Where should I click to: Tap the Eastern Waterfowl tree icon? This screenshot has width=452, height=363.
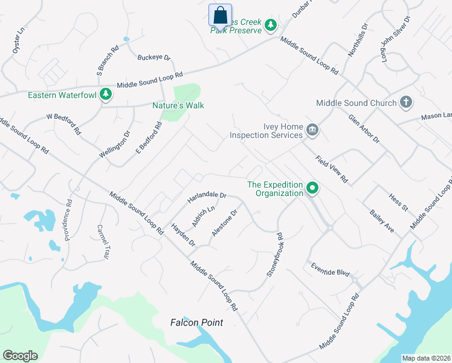(106, 94)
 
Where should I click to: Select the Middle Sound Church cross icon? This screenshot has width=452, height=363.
(407, 103)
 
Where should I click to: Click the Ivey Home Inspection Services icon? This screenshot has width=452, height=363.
(312, 129)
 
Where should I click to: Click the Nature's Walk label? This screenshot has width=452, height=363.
(178, 105)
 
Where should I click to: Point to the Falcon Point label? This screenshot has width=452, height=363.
(196, 322)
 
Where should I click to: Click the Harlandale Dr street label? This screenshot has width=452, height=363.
(207, 196)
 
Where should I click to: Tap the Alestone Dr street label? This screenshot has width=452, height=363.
(225, 222)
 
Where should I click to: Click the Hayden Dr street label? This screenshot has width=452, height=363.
(184, 235)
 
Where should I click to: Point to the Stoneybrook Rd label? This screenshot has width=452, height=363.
(274, 255)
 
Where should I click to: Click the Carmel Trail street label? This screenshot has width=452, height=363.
(102, 242)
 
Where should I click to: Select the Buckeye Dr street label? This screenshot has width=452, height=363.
(154, 58)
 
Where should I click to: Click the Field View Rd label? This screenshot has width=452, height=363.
(332, 169)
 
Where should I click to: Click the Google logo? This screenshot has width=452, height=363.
(20, 356)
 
